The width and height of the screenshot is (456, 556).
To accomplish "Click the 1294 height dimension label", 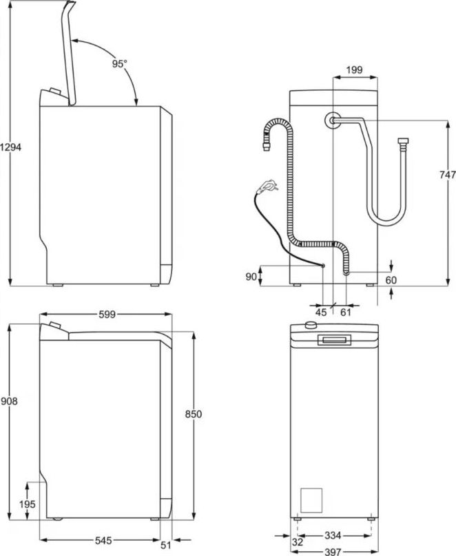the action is (10, 147).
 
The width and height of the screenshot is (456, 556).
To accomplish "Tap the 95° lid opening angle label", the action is (120, 64).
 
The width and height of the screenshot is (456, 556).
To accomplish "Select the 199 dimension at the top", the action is (354, 70).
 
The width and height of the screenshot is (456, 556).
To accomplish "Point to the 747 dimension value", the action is (448, 175).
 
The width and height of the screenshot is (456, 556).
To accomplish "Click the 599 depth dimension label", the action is (107, 314).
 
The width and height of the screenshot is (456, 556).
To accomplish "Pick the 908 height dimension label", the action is (9, 401).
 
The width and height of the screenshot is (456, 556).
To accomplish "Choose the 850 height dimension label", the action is (194, 414).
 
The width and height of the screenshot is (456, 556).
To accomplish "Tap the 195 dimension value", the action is (28, 504).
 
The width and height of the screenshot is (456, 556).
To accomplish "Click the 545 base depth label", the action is (103, 540).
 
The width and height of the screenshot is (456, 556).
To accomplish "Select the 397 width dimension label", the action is (333, 552).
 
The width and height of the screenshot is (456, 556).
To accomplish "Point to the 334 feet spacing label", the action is (333, 535).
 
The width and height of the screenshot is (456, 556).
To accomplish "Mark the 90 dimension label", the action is (251, 277).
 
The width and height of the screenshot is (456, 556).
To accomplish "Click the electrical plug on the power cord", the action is (267, 186).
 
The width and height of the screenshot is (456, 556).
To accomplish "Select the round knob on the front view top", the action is (311, 325).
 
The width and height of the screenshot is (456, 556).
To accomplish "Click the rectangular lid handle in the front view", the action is (334, 340).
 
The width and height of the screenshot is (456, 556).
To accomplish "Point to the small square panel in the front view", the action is (311, 500).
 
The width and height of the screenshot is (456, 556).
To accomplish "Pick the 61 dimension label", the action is (346, 312).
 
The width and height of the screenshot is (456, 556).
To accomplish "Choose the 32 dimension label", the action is (298, 542).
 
